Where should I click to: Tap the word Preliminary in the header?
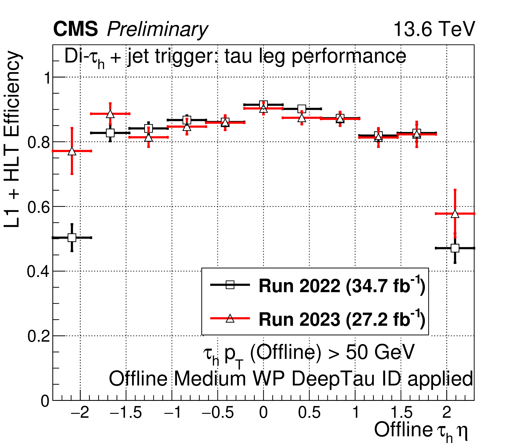[157, 30]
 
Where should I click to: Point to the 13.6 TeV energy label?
[434, 29]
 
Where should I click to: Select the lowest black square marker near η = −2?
[72, 237]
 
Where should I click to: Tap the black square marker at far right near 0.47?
[455, 248]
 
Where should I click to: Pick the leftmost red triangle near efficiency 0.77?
[72, 151]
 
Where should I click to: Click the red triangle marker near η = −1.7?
[110, 114]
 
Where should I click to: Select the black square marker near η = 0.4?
[302, 109]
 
